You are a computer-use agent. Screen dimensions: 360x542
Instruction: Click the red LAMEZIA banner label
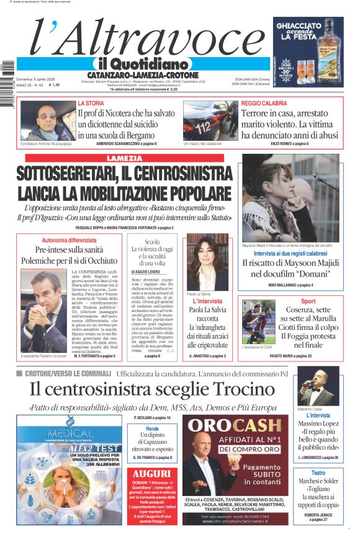pos(125,159)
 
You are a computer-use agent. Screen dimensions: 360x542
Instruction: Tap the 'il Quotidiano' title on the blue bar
pos(141,64)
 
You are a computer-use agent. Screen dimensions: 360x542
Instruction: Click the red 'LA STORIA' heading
pos(91,103)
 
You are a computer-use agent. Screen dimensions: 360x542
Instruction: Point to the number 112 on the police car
pos(204,127)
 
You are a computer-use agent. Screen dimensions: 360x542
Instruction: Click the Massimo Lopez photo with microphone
pos(318,386)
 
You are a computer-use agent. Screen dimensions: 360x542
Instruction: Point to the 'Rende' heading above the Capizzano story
pos(151,429)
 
